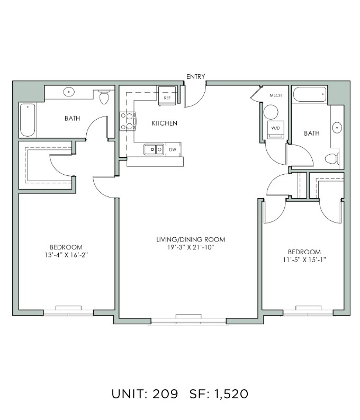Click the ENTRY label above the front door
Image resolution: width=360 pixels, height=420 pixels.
pyautogui.click(x=196, y=77)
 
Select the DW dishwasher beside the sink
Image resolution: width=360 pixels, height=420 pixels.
pyautogui.click(x=173, y=149)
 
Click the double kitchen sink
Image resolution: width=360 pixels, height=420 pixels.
pyautogui.click(x=154, y=149)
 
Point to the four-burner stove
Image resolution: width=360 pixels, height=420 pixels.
pyautogui.click(x=128, y=121)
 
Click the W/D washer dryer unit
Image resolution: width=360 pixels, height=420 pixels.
pyautogui.click(x=275, y=130)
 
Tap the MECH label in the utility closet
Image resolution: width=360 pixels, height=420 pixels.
pyautogui.click(x=275, y=95)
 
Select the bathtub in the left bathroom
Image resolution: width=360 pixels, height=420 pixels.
pyautogui.click(x=28, y=120)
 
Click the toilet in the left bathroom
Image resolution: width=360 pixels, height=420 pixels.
pyautogui.click(x=104, y=97)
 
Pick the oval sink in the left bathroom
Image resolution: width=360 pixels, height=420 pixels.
pyautogui.click(x=69, y=92)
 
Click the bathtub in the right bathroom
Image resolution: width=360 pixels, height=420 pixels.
pyautogui.click(x=310, y=94)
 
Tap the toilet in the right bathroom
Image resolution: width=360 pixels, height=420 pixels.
pyautogui.click(x=332, y=158)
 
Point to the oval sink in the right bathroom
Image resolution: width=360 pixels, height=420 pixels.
pyautogui.click(x=337, y=128)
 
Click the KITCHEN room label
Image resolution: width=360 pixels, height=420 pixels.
pyautogui.click(x=164, y=123)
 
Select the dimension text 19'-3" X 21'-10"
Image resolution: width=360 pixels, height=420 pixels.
pyautogui.click(x=191, y=247)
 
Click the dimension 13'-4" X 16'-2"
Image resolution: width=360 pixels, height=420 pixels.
pyautogui.click(x=66, y=255)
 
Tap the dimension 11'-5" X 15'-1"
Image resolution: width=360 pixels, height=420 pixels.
pyautogui.click(x=304, y=260)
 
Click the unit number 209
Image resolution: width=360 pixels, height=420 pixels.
pyautogui.click(x=165, y=394)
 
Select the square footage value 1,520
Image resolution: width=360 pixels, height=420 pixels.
pyautogui.click(x=231, y=394)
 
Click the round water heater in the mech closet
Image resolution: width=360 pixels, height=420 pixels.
pyautogui.click(x=271, y=112)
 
